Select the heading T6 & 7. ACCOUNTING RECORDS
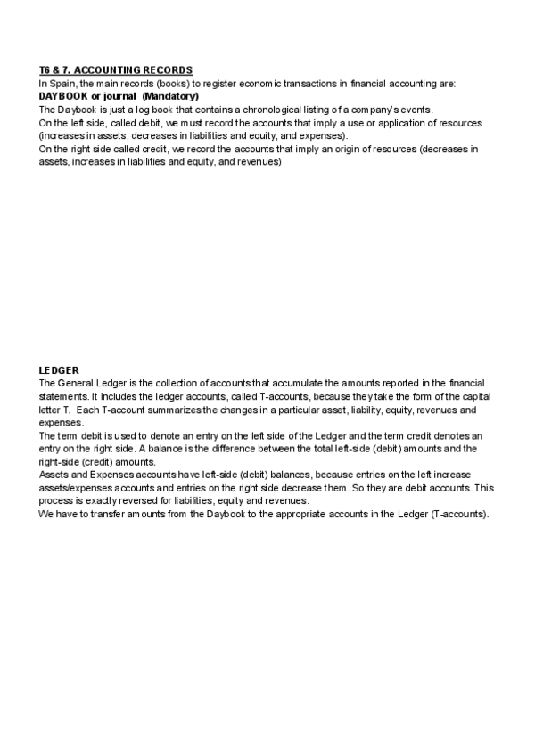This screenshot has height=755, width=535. (x=116, y=70)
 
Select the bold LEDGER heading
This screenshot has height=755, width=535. (x=59, y=369)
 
